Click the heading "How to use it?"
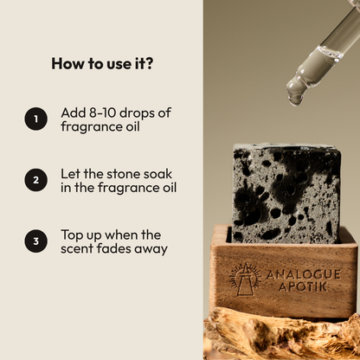[102, 64]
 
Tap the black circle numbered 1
[35, 119]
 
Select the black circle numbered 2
[35, 180]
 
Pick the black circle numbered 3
[35, 241]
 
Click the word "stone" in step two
[119, 174]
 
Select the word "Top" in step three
[72, 235]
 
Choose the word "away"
[151, 250]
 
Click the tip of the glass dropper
[293, 104]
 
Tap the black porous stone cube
[286, 193]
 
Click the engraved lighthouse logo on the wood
[245, 280]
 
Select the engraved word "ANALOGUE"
[303, 274]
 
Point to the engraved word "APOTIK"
[303, 286]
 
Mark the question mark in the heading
[149, 64]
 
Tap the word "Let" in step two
[70, 174]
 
